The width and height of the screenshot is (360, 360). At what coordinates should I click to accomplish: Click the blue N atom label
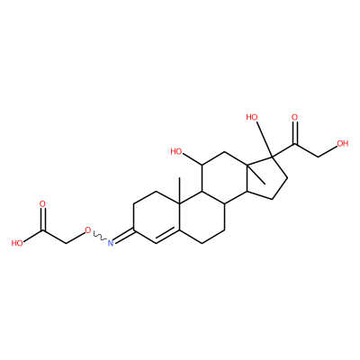click(x=111, y=242)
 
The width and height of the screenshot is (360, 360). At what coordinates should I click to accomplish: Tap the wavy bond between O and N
click(x=99, y=236)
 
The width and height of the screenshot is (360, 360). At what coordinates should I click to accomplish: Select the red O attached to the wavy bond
click(x=87, y=230)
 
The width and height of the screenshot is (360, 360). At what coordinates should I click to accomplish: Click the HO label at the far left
click(x=17, y=243)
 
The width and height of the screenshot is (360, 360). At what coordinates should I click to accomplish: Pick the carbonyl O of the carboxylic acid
click(x=42, y=204)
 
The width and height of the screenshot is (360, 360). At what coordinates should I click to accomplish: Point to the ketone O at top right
click(x=294, y=118)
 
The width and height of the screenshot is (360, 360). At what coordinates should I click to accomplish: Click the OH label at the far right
click(x=343, y=143)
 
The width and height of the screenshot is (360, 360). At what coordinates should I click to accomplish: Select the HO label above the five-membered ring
click(x=252, y=117)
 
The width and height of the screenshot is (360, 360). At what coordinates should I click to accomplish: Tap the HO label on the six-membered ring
click(x=176, y=151)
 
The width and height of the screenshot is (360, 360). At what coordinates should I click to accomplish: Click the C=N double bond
click(x=124, y=236)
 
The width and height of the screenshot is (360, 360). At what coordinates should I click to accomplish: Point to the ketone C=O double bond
click(x=294, y=133)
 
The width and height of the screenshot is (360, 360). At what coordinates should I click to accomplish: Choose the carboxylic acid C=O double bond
click(x=42, y=220)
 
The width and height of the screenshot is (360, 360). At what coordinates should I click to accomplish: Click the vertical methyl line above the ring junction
click(x=179, y=191)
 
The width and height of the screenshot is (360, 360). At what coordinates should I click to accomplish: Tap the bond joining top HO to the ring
click(x=263, y=139)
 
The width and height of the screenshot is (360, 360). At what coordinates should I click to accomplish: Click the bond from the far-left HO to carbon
click(x=33, y=236)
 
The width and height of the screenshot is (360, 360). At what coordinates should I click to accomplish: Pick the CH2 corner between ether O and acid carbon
click(x=66, y=243)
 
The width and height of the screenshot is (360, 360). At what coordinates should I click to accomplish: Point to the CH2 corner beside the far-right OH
click(x=318, y=157)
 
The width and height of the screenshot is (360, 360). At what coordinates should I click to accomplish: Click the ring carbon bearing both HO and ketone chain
click(x=272, y=157)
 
